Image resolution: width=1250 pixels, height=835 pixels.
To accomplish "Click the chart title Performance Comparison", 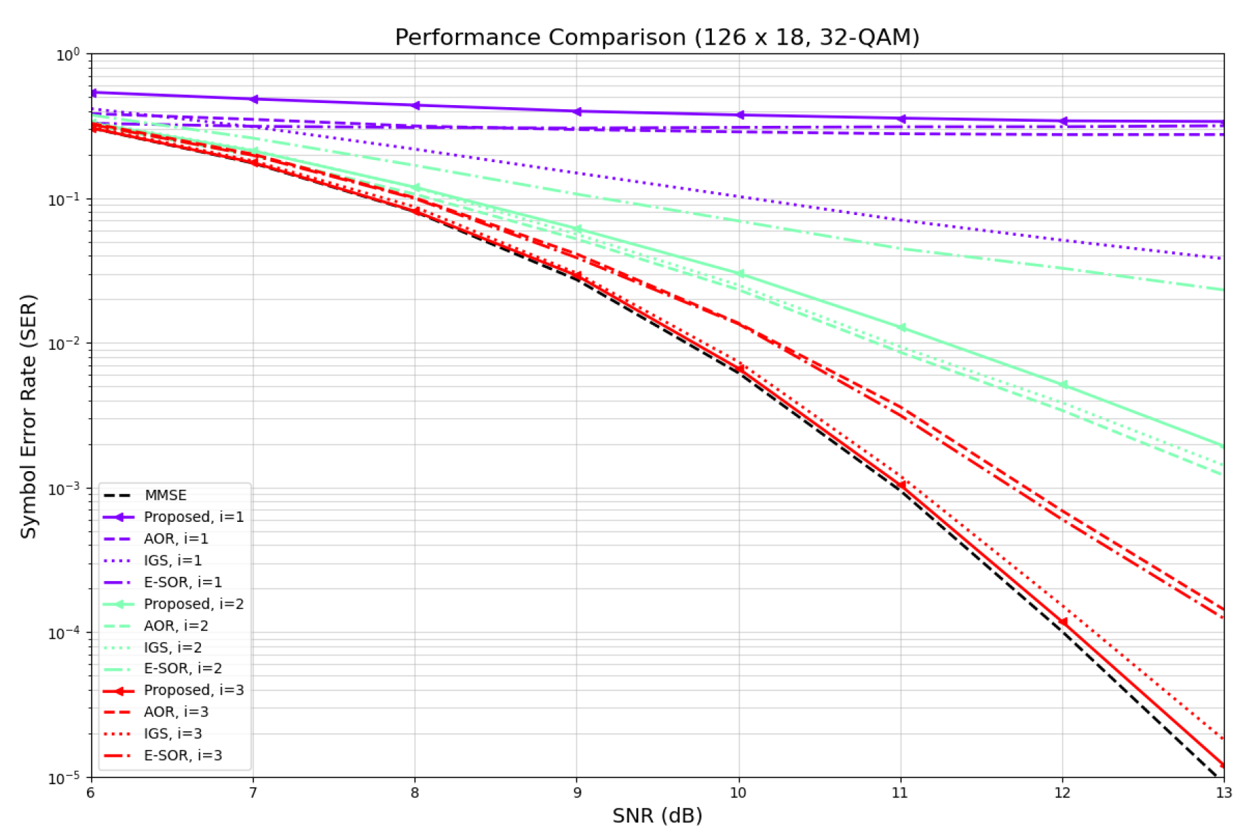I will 656,37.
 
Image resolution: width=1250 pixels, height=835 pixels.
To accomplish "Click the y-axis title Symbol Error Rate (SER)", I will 29,416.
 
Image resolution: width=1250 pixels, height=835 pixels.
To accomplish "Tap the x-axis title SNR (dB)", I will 657,815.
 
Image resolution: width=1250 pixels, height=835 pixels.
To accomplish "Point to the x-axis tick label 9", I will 576,793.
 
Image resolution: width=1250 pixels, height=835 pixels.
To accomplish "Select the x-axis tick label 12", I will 1062,793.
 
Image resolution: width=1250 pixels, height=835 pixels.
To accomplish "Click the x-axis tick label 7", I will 253,793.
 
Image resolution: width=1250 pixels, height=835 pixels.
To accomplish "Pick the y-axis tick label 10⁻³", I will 65,489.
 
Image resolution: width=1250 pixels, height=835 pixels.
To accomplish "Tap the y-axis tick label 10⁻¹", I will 65,200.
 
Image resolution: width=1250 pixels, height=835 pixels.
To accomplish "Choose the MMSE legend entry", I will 165,495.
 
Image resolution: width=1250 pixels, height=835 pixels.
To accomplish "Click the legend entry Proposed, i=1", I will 193,517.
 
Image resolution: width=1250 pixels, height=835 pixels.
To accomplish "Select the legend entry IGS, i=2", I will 172,648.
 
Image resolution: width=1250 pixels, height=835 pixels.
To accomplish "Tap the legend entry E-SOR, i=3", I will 183,756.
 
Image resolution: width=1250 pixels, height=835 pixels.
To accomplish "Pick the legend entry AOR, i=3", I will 176,712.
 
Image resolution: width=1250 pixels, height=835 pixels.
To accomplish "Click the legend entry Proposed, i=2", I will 193,604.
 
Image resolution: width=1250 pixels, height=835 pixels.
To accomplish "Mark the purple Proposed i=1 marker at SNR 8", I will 415,106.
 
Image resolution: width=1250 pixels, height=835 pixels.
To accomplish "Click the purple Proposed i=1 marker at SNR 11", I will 901,119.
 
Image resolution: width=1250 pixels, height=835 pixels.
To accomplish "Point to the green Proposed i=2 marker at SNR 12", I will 1062,385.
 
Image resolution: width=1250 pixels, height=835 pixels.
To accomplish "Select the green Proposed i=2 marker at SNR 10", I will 739,274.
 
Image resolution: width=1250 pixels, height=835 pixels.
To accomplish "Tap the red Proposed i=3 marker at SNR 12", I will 1062,622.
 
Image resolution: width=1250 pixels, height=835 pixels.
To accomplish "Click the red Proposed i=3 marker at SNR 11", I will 901,485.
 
